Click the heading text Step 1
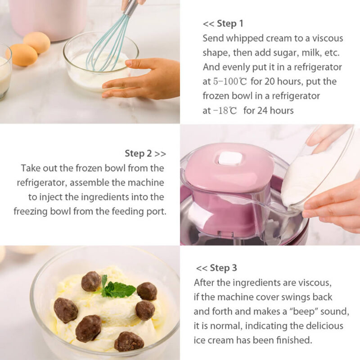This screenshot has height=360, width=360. click(230, 23)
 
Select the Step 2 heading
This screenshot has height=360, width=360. click(139, 153)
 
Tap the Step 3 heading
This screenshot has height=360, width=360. click(223, 268)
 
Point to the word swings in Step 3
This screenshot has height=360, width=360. click(306, 297)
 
